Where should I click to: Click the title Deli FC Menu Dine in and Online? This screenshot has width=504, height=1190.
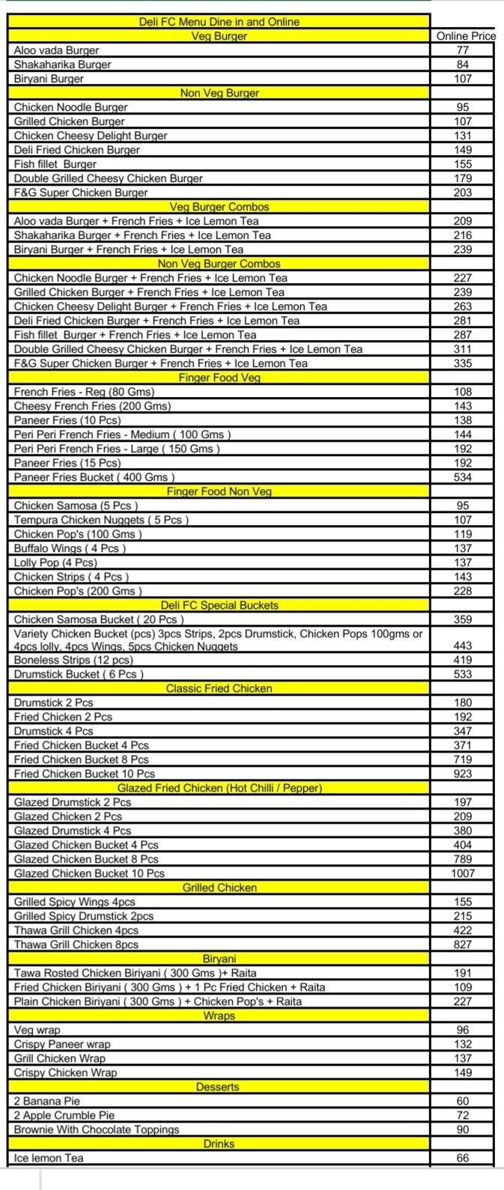(x=219, y=22)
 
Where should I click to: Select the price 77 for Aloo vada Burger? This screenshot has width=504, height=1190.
(x=463, y=50)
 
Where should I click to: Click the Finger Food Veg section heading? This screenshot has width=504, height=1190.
(x=219, y=377)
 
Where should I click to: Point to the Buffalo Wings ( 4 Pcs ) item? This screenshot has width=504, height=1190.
(x=70, y=548)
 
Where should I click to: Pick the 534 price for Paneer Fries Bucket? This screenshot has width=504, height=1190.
(x=463, y=477)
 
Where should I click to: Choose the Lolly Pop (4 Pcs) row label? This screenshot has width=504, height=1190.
(x=55, y=562)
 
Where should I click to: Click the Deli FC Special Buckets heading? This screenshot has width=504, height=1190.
(x=219, y=605)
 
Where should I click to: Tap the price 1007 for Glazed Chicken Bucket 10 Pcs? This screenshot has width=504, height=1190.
(x=463, y=873)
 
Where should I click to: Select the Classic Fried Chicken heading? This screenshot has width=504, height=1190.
(x=219, y=688)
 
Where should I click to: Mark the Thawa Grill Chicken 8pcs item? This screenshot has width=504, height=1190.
(x=76, y=944)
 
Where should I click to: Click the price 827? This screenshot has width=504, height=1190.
(x=463, y=944)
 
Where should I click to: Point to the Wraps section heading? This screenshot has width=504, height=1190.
(x=219, y=1016)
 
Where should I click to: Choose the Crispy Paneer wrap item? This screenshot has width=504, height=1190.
(x=62, y=1044)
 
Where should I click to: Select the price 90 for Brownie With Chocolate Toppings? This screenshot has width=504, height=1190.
(x=463, y=1129)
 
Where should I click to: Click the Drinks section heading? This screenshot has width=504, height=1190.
(x=219, y=1144)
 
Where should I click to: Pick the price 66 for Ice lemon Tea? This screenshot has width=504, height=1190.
(x=463, y=1158)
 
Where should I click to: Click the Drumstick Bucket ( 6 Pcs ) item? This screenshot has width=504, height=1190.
(x=79, y=674)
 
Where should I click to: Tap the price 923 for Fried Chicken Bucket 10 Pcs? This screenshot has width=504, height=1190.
(x=463, y=774)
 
